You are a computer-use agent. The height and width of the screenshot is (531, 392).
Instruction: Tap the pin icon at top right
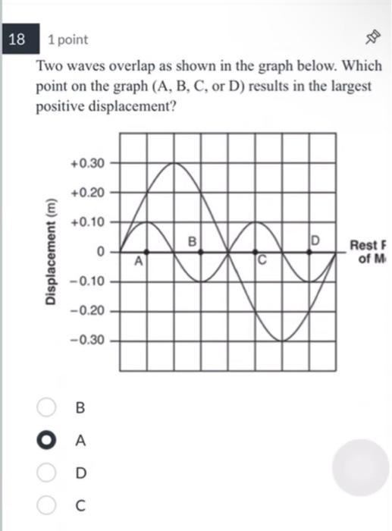[372, 39]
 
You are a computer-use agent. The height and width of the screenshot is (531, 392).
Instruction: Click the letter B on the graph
[193, 241]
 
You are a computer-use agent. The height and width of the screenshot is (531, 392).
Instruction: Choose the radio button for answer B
[45, 407]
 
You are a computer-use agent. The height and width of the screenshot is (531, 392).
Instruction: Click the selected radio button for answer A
[45, 440]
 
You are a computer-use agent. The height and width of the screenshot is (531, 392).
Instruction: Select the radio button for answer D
[45, 473]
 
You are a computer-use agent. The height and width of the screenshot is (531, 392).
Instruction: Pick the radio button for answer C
[45, 504]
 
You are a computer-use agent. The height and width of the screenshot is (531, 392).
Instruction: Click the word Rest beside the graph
[362, 245]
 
